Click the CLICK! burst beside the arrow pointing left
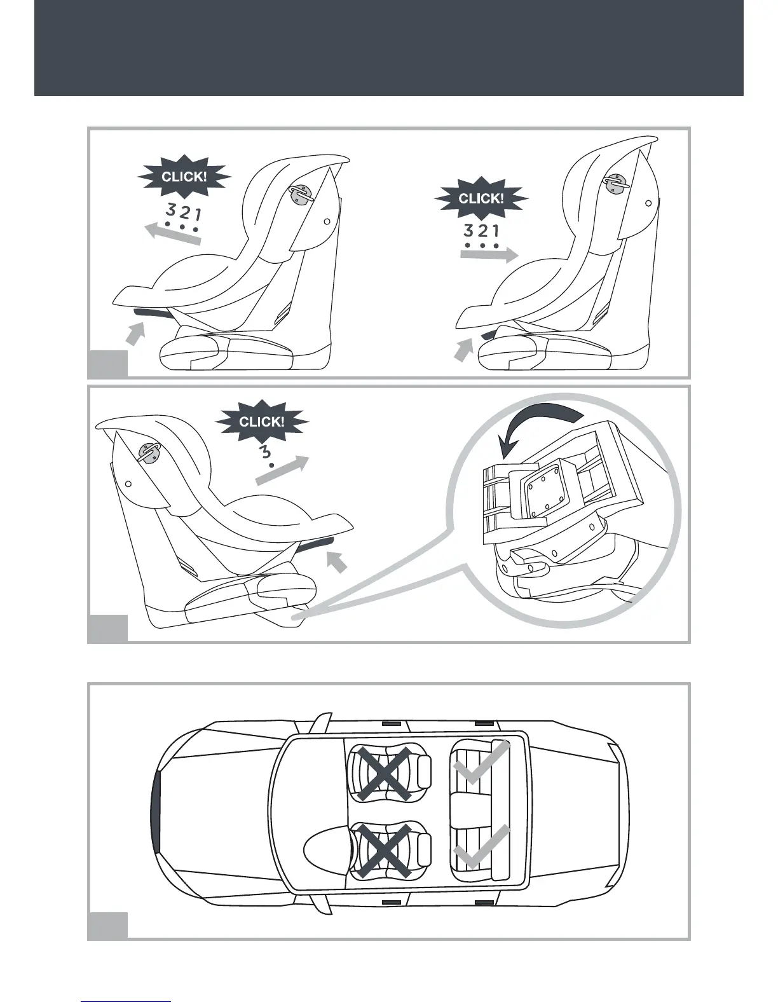pyautogui.click(x=184, y=177)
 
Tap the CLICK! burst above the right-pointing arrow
pyautogui.click(x=481, y=198)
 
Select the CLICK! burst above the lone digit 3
pyautogui.click(x=261, y=421)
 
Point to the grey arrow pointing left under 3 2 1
pyautogui.click(x=174, y=236)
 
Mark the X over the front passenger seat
pyautogui.click(x=384, y=773)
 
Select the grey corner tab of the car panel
pyautogui.click(x=107, y=925)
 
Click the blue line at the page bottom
pyautogui.click(x=126, y=1001)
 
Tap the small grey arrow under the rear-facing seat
pyautogui.click(x=338, y=561)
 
